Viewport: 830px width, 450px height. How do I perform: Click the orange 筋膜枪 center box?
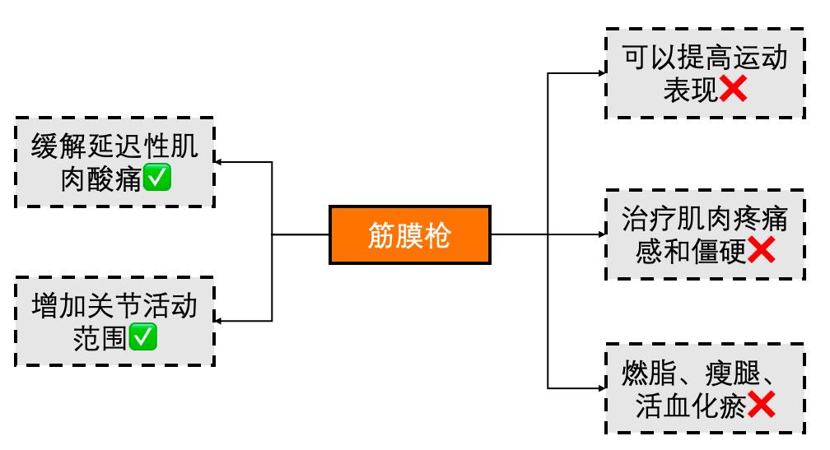[410, 234]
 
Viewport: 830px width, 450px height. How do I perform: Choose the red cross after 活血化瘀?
[761, 405]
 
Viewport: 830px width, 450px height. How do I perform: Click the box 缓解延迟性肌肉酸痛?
[114, 162]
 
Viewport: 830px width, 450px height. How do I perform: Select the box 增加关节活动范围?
[114, 322]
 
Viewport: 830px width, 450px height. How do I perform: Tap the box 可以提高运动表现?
[705, 73]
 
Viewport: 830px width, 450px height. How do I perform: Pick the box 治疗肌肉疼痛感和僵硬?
[705, 234]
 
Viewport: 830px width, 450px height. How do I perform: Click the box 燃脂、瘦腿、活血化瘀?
[705, 388]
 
